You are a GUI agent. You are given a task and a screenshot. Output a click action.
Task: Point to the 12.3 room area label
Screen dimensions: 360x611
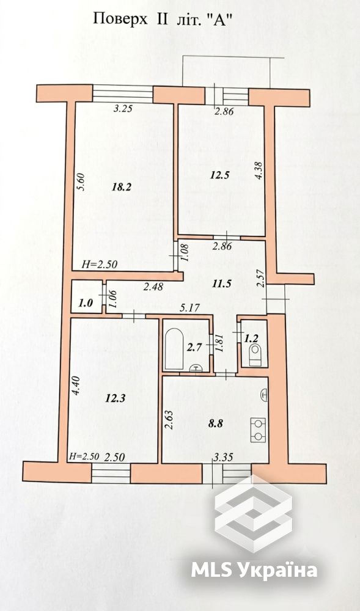(116, 398)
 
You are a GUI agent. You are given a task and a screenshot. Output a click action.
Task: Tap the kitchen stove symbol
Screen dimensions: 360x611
(257, 430)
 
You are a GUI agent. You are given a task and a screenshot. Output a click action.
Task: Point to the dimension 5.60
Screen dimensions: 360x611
(81, 182)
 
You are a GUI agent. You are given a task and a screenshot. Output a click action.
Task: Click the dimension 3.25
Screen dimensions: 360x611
(123, 109)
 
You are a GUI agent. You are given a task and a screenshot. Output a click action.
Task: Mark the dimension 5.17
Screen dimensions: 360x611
(189, 308)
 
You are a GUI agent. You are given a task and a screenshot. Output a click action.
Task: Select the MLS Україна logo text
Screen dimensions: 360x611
(254, 569)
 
